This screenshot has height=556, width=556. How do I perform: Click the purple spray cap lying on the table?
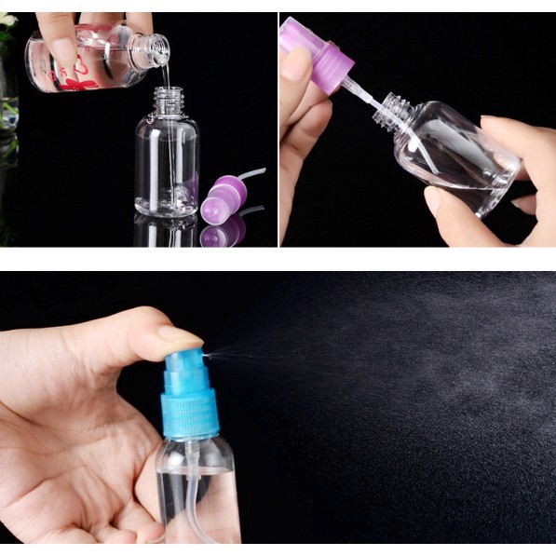pyautogui.click(x=223, y=195)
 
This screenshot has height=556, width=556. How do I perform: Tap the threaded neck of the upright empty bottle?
pyautogui.click(x=168, y=100)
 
